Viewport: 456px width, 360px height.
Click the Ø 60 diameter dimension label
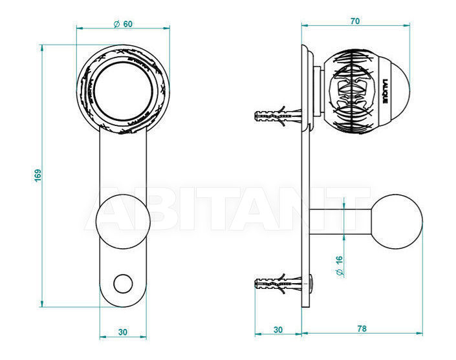123,24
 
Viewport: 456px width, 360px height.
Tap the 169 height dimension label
38,175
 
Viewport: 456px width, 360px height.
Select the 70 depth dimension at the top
355,21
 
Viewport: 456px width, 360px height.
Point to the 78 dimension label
362,328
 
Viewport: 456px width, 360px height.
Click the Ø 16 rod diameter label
339,266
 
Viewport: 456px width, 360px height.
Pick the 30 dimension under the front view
123,332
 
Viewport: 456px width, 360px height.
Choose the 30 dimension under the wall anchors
278,330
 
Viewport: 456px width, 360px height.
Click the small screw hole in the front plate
123,284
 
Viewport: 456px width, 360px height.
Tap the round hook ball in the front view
123,222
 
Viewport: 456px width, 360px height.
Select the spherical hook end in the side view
397,222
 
